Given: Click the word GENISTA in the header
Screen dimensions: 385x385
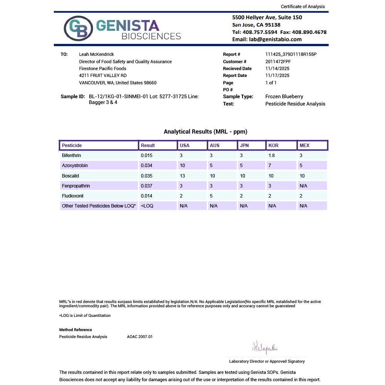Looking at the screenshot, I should (127, 25).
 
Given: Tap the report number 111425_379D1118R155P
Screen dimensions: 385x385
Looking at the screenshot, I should (291, 54).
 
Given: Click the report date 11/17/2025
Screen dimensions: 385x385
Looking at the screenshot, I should (277, 75).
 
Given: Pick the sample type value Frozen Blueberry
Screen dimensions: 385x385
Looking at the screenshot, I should (284, 97).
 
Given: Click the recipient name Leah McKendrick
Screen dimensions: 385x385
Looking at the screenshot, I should (96, 54).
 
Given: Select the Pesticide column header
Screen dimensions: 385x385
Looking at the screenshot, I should (72, 146).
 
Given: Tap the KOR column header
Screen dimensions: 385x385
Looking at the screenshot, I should (273, 146).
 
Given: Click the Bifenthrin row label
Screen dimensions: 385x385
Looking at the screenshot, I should (71, 156).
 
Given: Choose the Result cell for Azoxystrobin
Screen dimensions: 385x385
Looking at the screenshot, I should (147, 166).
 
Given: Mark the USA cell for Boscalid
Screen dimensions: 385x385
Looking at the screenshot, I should (182, 176).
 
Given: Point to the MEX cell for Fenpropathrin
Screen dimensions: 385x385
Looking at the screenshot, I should (303, 186).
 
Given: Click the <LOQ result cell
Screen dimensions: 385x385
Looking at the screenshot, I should (147, 206).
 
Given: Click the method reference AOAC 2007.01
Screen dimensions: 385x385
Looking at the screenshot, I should (140, 337).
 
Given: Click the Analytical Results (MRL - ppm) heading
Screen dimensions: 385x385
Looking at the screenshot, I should (206, 132).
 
